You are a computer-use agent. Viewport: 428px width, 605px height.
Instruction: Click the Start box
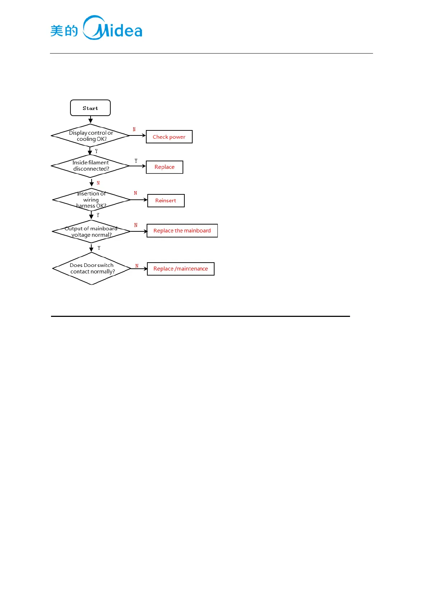click(x=90, y=108)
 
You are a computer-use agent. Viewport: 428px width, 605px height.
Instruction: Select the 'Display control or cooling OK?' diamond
click(x=91, y=136)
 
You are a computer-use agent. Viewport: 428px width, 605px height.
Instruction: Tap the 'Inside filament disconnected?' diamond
click(x=91, y=166)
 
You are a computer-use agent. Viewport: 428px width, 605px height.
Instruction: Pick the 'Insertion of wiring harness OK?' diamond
click(x=91, y=200)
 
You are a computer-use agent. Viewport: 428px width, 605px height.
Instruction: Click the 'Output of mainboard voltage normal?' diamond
click(x=91, y=232)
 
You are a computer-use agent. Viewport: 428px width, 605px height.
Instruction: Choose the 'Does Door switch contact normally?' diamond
click(x=92, y=268)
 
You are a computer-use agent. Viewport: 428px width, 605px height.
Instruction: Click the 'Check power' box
click(x=169, y=137)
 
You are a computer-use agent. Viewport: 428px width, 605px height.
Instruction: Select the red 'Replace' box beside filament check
click(x=164, y=167)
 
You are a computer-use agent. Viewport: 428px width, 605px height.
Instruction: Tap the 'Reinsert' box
click(x=166, y=200)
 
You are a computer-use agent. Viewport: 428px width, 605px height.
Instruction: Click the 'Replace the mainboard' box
click(x=182, y=231)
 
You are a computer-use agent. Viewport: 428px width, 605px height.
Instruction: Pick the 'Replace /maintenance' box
click(x=181, y=269)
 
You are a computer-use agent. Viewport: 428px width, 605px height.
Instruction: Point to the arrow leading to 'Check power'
click(x=137, y=135)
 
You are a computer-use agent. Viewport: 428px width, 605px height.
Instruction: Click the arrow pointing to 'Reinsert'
click(x=139, y=200)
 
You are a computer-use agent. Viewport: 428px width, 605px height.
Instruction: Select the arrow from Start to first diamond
click(x=91, y=120)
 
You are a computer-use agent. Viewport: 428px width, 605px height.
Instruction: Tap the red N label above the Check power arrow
click(x=134, y=129)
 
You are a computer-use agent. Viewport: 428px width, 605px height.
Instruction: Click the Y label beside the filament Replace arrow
click(x=136, y=161)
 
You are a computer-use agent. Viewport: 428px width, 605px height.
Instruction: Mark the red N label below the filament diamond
click(x=98, y=183)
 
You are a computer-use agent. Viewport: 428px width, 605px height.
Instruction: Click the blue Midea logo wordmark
click(x=113, y=28)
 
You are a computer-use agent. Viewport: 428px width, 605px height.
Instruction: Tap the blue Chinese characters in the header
click(x=64, y=31)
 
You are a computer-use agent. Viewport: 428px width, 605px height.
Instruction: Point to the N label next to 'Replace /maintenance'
click(x=137, y=266)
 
